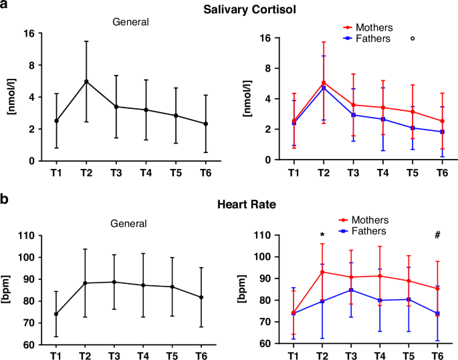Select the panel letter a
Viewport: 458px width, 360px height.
[5, 6]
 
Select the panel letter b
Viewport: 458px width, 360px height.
[5, 199]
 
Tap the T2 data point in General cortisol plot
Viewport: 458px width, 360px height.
[86, 81]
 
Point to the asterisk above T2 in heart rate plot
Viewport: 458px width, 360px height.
[322, 235]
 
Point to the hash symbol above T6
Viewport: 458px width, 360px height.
[438, 235]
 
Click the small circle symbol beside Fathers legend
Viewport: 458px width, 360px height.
[413, 39]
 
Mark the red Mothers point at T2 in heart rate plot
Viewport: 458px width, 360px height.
[322, 272]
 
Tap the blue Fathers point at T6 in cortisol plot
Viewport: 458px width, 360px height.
[438, 132]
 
